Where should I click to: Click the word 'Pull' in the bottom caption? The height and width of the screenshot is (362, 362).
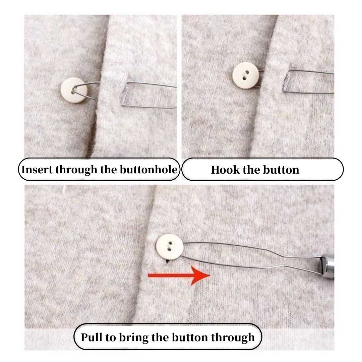pos(92,337)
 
